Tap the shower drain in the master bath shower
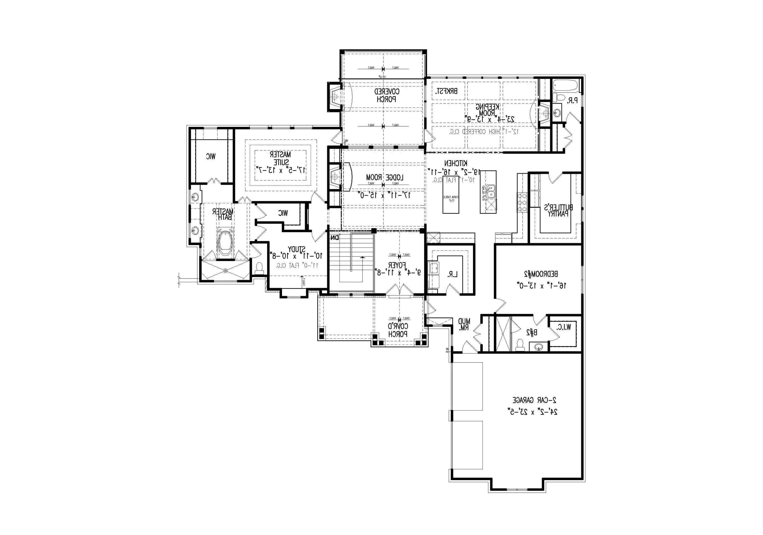[225, 271]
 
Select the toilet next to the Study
[259, 268]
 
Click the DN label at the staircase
[335, 238]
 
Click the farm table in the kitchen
[451, 199]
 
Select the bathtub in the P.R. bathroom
[566, 85]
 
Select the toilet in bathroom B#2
[519, 345]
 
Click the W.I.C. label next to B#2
[563, 327]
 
